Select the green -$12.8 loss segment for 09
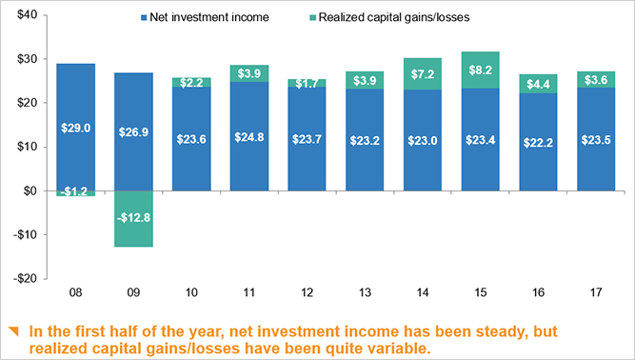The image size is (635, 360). [133, 219]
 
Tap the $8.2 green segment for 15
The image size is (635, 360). [481, 70]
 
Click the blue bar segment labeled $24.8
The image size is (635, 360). [248, 136]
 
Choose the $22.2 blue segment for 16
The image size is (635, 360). [538, 141]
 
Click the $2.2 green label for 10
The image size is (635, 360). [190, 83]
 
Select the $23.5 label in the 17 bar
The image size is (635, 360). [596, 138]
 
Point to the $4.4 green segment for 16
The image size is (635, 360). [538, 84]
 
